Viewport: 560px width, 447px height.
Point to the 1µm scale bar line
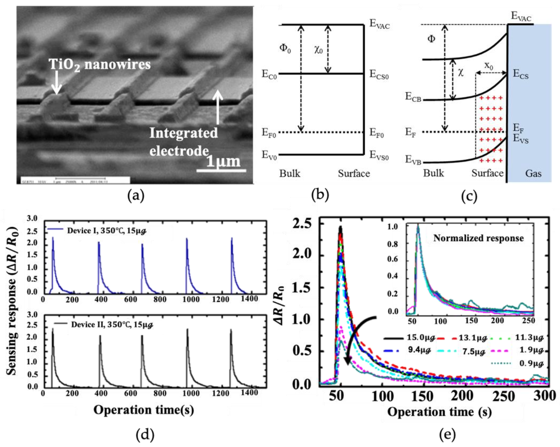click(221, 171)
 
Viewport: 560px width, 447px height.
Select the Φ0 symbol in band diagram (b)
click(285, 48)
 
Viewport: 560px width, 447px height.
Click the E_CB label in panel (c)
click(413, 97)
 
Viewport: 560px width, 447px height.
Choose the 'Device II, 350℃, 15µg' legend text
click(112, 324)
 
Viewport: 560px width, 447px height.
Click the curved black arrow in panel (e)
click(356, 337)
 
